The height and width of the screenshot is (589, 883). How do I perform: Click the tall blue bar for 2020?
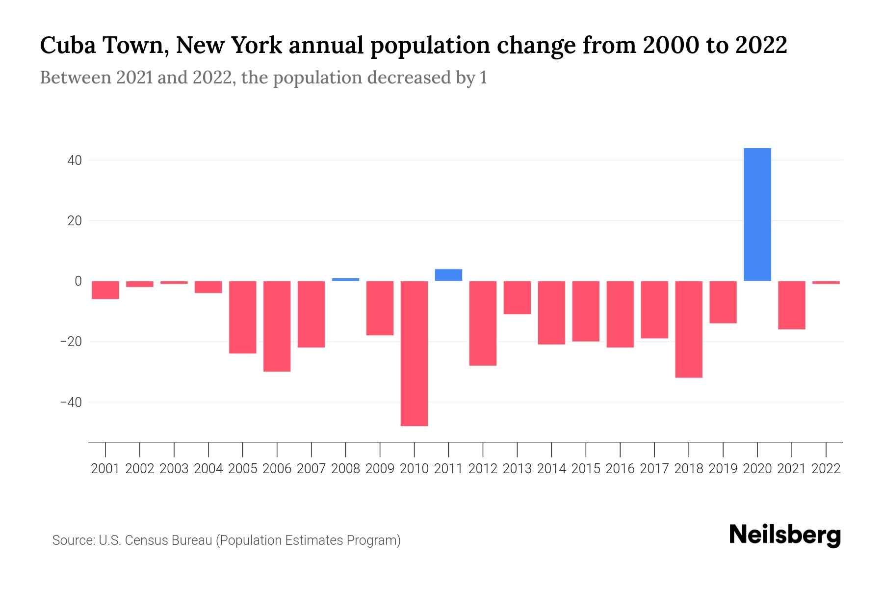coord(757,214)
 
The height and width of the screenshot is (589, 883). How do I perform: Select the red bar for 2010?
coord(414,353)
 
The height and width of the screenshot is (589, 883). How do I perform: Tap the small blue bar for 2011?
coord(448,275)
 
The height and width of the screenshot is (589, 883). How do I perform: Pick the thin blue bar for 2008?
coord(345,279)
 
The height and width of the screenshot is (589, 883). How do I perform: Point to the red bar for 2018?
coord(688,329)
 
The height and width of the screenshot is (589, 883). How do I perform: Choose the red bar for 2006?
coord(277,326)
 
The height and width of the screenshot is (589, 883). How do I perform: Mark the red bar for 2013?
coord(517,297)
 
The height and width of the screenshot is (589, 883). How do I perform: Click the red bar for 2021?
coord(791,305)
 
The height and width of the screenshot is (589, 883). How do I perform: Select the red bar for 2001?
coord(105,290)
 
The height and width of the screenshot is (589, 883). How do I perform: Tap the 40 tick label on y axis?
coord(75,161)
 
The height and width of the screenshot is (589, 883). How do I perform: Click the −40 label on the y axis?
coord(71,402)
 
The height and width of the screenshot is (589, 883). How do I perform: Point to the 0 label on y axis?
coord(78,281)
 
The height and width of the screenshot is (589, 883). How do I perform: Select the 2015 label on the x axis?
coord(586,469)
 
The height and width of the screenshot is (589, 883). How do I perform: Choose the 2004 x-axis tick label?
coord(208,469)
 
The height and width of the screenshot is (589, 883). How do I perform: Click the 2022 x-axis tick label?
coord(826,469)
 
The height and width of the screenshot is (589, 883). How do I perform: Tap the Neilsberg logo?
coord(784,535)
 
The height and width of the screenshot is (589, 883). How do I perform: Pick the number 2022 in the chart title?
coord(761,46)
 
